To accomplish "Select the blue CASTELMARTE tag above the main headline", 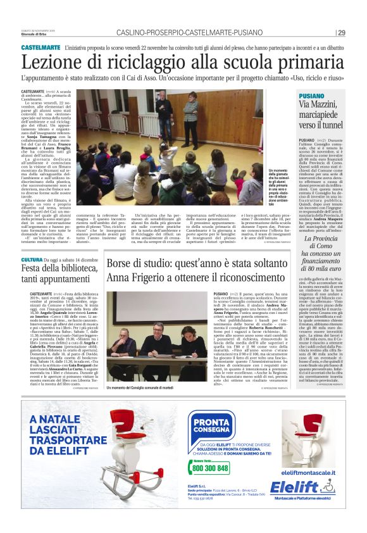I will pyautogui.click(x=40, y=47).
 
